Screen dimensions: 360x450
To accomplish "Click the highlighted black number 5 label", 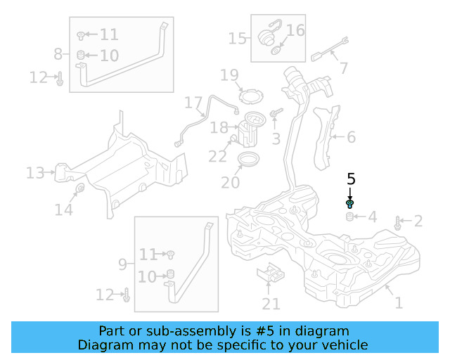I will (351, 179).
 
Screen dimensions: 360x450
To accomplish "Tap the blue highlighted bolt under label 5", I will (350, 204).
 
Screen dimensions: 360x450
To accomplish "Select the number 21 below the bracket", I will (271, 304).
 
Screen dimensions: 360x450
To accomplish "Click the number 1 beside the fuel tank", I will (399, 303).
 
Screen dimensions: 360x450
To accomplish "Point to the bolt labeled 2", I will (399, 224).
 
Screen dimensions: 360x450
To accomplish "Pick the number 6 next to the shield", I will (351, 138).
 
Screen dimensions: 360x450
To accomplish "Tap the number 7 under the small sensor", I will (343, 68).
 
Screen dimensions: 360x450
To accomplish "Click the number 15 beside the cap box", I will (238, 38).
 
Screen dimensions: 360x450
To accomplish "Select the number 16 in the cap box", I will (296, 30).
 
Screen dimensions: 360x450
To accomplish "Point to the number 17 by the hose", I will (193, 103).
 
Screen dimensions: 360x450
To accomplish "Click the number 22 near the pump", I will (218, 156).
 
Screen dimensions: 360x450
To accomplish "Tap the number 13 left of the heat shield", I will (35, 172).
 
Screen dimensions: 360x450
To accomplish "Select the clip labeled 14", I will (79, 188).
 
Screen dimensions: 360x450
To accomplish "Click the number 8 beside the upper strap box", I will (58, 53).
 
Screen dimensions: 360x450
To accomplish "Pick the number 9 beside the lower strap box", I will (122, 264).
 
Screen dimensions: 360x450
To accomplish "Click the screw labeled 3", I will (276, 112).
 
